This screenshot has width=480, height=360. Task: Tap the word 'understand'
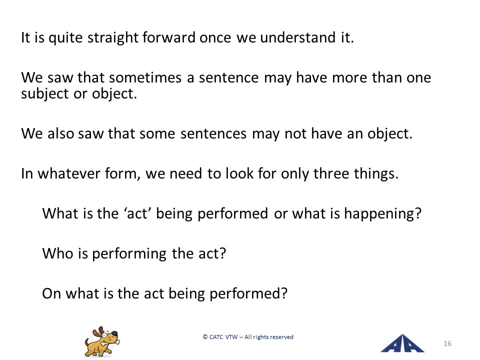pos(298,37)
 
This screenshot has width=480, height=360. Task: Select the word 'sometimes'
pos(145,77)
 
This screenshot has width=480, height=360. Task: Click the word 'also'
pos(60,133)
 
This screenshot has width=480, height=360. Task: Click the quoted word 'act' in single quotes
pos(137,213)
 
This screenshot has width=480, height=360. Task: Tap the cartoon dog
pos(102,341)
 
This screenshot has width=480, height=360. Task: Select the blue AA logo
pos(402,343)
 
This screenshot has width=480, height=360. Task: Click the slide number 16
pos(447,344)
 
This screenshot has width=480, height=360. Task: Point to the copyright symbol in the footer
pos(205,337)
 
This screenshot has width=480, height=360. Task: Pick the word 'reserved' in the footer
pos(281,337)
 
